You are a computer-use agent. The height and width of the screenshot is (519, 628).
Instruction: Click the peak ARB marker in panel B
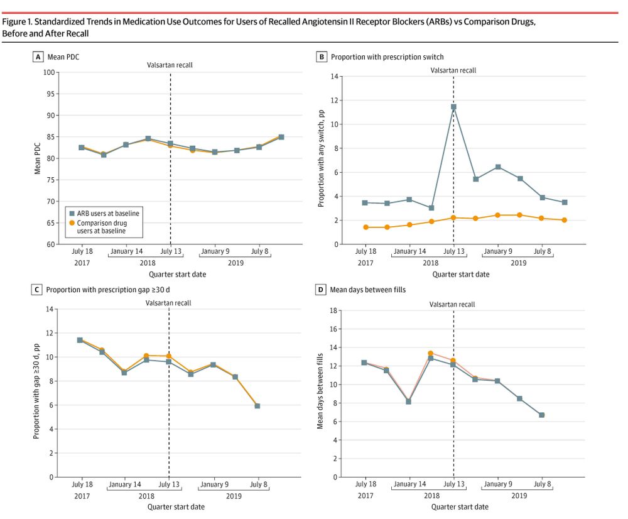(453, 107)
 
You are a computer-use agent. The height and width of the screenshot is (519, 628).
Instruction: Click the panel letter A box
(38, 57)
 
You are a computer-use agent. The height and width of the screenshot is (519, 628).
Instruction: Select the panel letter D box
(322, 290)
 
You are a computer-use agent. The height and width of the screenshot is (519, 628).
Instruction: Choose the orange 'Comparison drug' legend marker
(72, 222)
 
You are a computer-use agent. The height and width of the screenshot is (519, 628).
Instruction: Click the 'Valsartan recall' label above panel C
(168, 303)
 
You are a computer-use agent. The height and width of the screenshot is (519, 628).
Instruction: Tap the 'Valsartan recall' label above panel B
(453, 70)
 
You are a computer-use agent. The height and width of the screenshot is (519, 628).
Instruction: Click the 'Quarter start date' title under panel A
(177, 274)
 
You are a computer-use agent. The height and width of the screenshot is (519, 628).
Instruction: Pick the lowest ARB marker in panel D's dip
(409, 402)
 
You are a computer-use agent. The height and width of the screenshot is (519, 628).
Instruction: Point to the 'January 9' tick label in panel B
(497, 251)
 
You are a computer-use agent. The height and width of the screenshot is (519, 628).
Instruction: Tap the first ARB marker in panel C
(80, 340)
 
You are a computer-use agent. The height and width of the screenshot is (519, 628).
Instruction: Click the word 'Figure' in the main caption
(15, 22)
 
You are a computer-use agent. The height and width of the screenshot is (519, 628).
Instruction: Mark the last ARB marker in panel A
(281, 137)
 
